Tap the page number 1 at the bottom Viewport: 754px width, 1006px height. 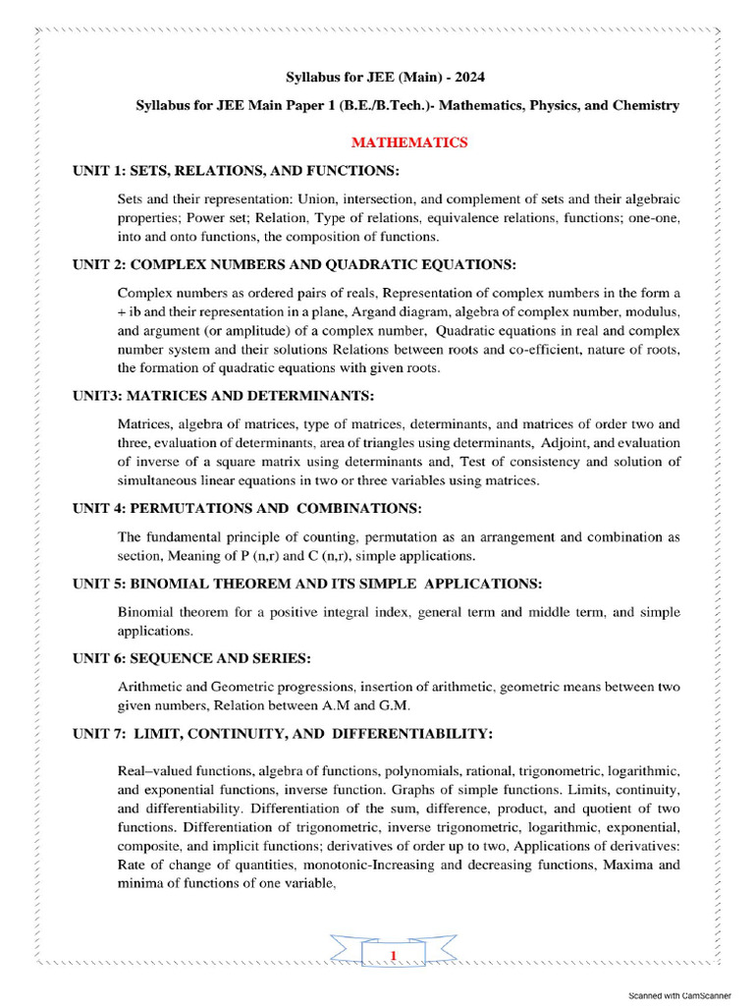coord(394,956)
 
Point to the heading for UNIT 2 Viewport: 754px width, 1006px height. coord(295,265)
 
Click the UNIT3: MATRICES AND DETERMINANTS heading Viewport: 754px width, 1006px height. coord(224,396)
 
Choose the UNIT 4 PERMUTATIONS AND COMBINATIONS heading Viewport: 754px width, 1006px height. coord(247,509)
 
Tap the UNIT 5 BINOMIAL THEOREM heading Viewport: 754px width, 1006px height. coord(306,584)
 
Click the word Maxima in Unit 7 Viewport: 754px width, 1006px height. coord(629,865)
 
